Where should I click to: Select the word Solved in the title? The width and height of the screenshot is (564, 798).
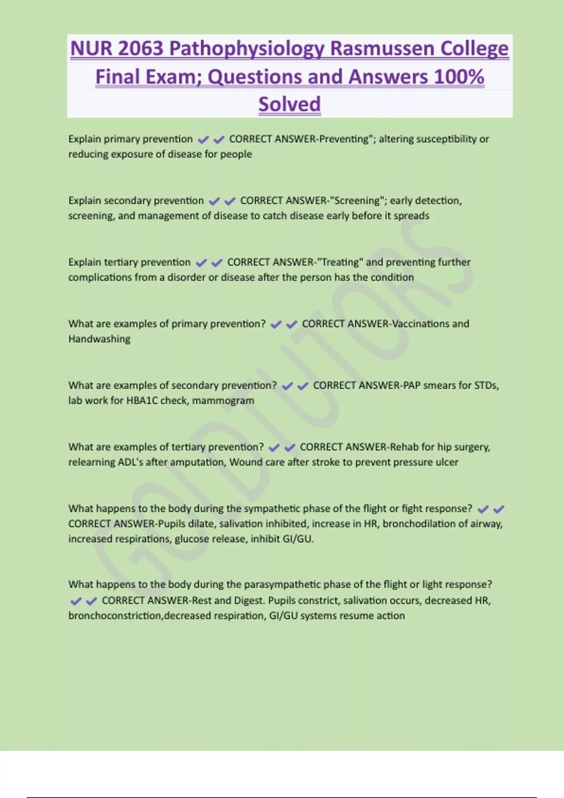[x=290, y=104]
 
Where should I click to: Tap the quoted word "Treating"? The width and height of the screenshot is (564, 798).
[x=340, y=262]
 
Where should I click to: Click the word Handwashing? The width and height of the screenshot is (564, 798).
[x=99, y=339]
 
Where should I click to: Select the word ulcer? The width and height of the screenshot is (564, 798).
[x=447, y=462]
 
